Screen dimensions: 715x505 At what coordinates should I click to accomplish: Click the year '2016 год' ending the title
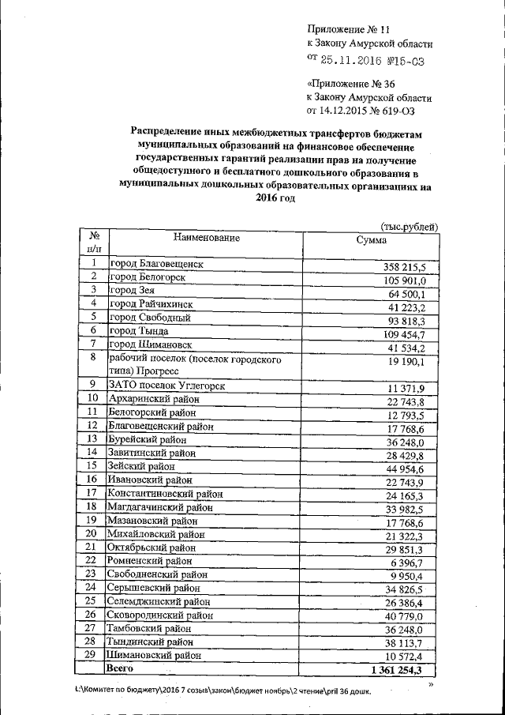275,198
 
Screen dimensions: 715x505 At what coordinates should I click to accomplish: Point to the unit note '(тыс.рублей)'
409,227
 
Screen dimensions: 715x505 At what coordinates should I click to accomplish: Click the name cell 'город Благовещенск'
156,264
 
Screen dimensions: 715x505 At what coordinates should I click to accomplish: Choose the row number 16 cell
93,479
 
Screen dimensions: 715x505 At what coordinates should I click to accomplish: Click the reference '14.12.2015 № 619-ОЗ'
365,111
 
